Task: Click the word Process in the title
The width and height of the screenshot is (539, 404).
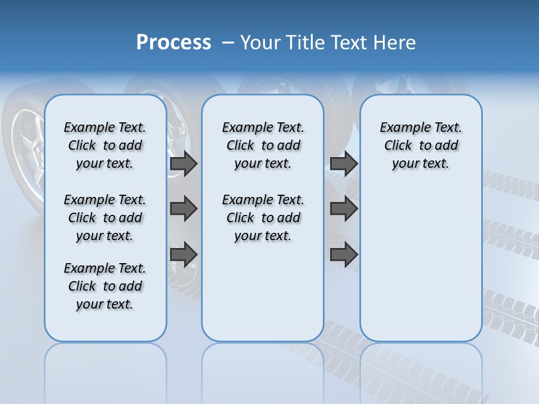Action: click(x=173, y=43)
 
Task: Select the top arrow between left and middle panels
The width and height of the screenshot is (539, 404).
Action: click(x=184, y=164)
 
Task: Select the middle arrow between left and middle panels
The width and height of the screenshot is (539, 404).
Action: click(x=184, y=209)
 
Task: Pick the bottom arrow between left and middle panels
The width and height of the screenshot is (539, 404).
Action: click(x=184, y=254)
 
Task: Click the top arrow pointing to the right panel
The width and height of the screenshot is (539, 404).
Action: click(x=344, y=164)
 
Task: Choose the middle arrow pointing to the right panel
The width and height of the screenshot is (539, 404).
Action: click(x=344, y=209)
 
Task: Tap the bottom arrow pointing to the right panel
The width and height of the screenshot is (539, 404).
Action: click(x=344, y=254)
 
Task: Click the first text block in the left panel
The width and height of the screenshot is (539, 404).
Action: click(x=105, y=145)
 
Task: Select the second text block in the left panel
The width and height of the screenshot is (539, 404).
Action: click(x=105, y=218)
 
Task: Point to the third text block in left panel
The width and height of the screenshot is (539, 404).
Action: click(x=105, y=286)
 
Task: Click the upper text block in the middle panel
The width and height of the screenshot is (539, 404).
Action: click(x=263, y=145)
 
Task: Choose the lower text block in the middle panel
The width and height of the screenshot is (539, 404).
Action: click(x=263, y=218)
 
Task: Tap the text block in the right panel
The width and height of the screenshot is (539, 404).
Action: click(x=421, y=145)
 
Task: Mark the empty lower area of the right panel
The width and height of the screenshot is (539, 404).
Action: click(x=421, y=269)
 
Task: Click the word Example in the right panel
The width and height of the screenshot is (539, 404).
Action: click(x=400, y=127)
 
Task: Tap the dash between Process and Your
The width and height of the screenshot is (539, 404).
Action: click(x=227, y=43)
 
